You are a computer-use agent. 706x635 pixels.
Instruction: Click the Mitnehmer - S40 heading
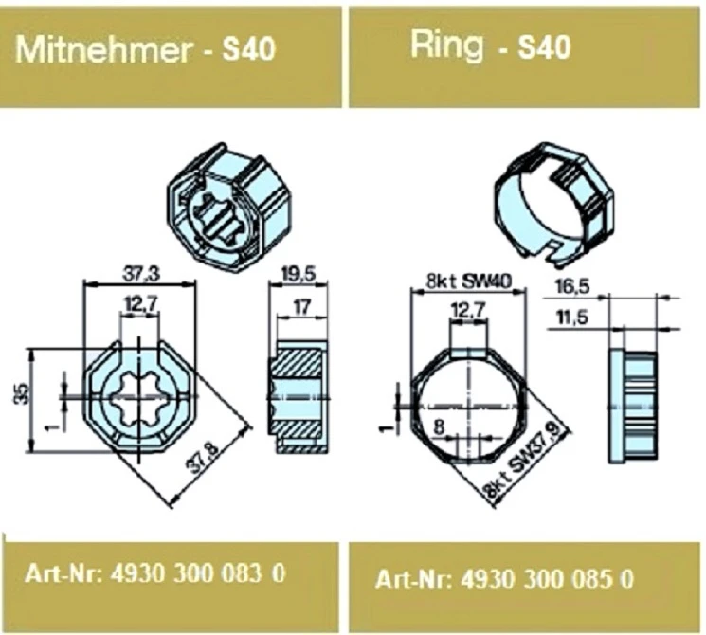point(145,48)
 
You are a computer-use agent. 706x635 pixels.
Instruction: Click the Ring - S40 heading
point(490,46)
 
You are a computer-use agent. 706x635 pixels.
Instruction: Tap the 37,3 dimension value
point(141,274)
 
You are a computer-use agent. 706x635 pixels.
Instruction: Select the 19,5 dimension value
point(299,274)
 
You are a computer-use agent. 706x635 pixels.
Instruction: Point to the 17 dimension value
point(301,307)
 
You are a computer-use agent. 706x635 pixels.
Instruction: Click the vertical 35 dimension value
point(23,394)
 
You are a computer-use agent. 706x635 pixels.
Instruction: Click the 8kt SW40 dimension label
point(469,281)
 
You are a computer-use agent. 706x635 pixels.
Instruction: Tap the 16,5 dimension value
point(572,287)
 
